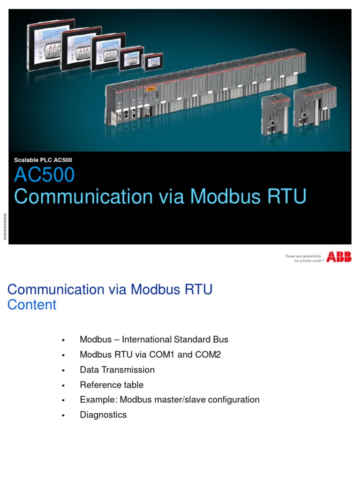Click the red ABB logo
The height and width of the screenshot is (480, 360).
pos(339,257)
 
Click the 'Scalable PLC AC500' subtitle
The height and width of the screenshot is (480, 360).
pos(43,160)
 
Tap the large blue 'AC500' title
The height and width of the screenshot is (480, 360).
pos(44,175)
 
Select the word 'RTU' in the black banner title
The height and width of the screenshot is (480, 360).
pos(287,196)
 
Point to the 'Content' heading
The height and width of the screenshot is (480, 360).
pos(32,305)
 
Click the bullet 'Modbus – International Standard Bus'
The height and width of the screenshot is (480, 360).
pos(154,339)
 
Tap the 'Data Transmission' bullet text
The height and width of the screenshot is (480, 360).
pos(117,370)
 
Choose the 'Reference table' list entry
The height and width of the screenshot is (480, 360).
pos(112,385)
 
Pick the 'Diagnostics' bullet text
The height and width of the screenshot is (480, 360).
pos(103,415)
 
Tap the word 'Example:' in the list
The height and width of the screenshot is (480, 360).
pos(98,400)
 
